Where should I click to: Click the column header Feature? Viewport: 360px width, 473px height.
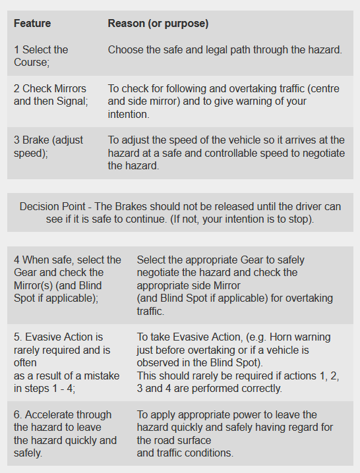point(32,24)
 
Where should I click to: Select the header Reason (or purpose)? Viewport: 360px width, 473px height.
point(158,24)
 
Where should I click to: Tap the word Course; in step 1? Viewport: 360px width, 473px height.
point(32,62)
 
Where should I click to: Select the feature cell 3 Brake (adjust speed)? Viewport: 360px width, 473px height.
point(48,147)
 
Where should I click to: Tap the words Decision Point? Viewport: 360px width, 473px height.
point(53,207)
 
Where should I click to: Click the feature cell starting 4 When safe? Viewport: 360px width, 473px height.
point(67,279)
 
